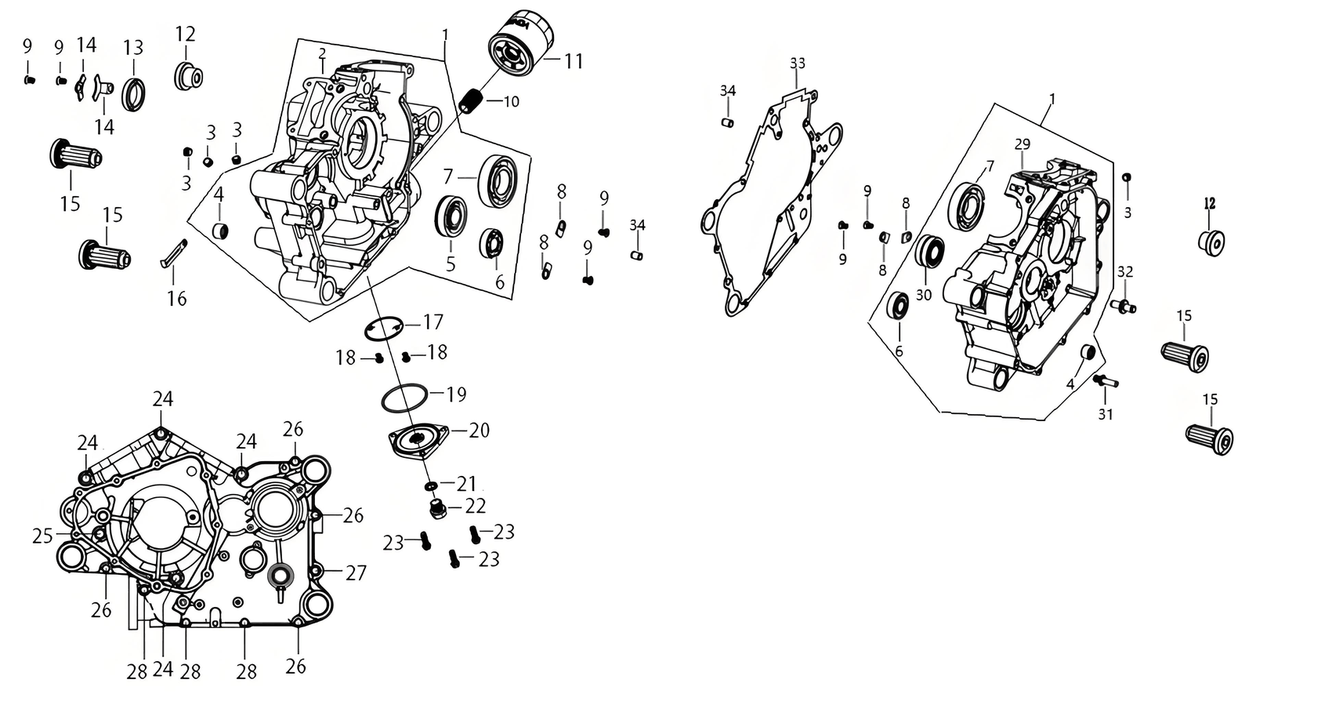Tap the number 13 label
pos(133,48)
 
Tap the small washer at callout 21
pos(430,486)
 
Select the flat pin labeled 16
pos(174,253)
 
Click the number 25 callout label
pos(43,536)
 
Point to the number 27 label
pos(357,572)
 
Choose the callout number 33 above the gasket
pos(798,63)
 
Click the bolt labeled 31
pos(1106,380)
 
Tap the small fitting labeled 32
pos(1124,306)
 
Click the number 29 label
pos(1023,144)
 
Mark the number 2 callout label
pos(322,53)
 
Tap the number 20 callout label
pos(480,430)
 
